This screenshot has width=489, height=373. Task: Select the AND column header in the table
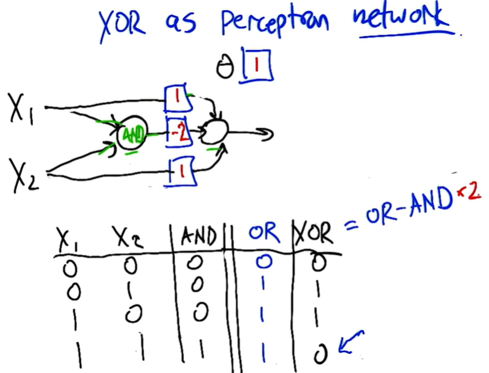click(x=198, y=236)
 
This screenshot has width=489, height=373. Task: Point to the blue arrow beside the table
click(x=350, y=343)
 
